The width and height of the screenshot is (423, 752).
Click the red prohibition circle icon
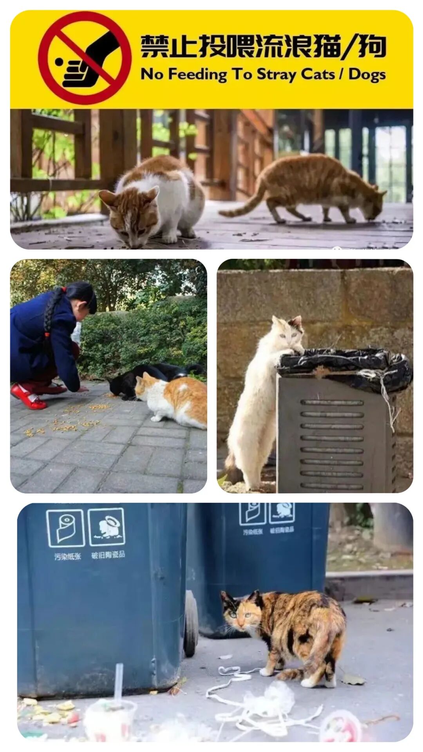click(85, 58)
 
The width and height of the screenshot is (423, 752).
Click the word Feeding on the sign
click(197, 74)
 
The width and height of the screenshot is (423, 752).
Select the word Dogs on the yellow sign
click(367, 74)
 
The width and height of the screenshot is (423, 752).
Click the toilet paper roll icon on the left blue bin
click(65, 528)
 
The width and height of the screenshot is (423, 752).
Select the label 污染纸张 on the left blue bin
click(67, 556)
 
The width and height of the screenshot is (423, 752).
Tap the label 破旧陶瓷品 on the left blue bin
click(108, 555)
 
